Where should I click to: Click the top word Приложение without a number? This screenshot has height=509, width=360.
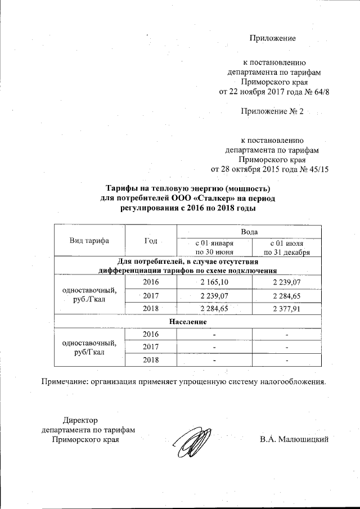point(273,39)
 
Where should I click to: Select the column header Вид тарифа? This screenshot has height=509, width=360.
point(89,241)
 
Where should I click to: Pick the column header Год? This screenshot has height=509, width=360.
point(150,241)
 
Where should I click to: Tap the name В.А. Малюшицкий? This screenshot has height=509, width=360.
point(294,439)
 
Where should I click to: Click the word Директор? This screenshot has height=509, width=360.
point(80,420)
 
